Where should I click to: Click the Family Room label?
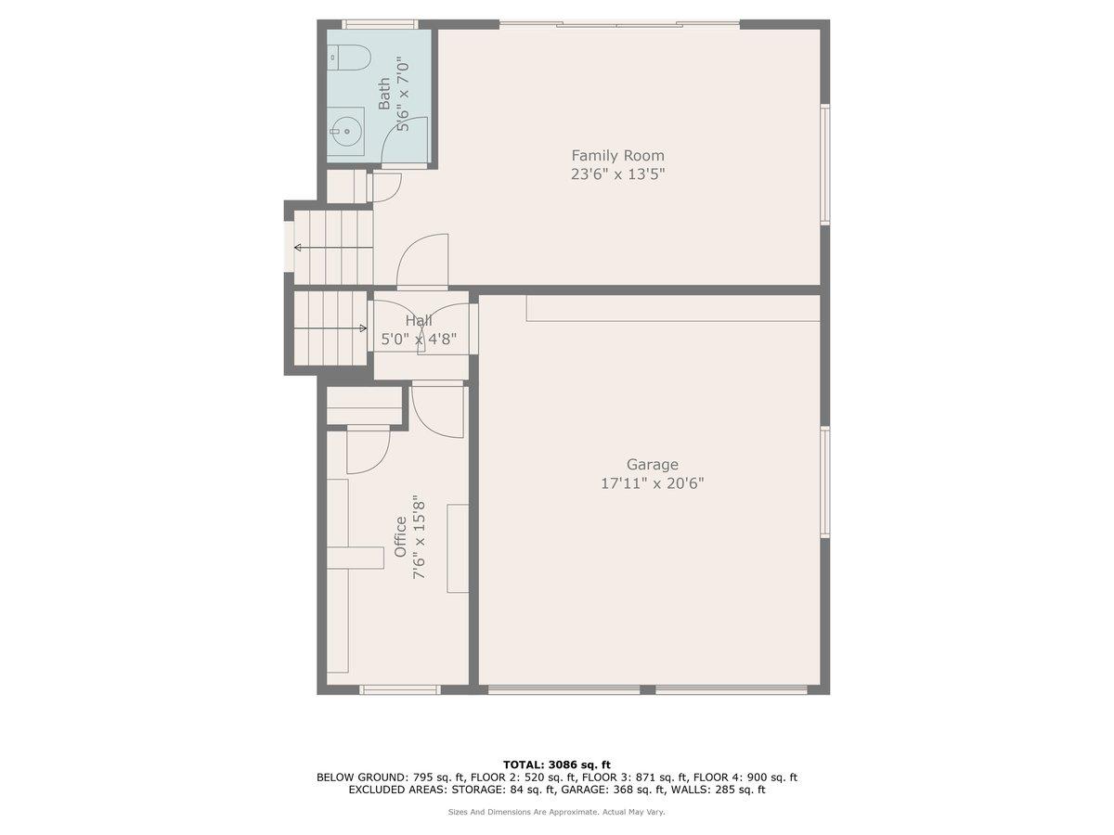[617, 156]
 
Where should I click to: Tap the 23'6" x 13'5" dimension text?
[617, 174]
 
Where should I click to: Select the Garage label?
[652, 465]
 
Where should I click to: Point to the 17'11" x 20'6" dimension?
[652, 483]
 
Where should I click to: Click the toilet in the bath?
[348, 58]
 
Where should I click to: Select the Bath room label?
[384, 94]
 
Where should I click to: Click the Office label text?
[401, 537]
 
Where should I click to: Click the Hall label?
[419, 321]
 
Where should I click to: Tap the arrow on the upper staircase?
[299, 248]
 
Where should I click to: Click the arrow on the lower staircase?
[362, 328]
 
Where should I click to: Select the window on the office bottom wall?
[399, 689]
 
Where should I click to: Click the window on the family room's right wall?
[824, 164]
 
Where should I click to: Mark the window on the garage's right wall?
[824, 482]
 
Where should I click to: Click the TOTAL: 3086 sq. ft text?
[557, 764]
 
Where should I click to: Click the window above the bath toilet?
[380, 24]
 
